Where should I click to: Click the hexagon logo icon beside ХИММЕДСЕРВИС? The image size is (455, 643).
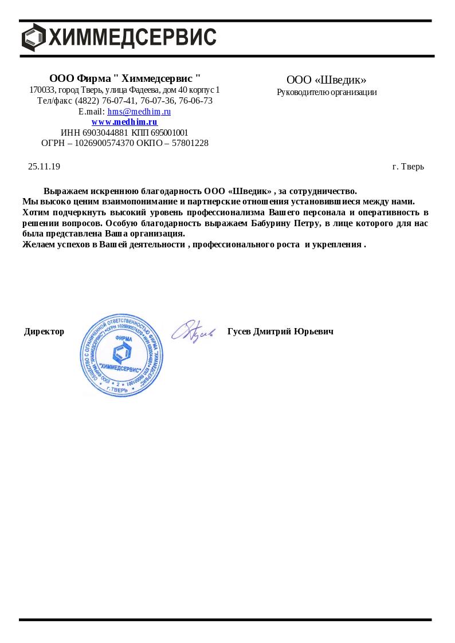click(33, 37)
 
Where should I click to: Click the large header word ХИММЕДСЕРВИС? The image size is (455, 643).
click(132, 37)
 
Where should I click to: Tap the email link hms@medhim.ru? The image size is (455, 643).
click(139, 112)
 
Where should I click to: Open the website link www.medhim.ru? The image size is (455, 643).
click(124, 122)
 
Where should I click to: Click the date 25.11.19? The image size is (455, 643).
click(44, 167)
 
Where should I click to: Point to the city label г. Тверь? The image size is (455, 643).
click(408, 167)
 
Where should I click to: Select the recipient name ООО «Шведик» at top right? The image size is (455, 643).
click(326, 80)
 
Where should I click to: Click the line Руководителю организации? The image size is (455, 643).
click(327, 92)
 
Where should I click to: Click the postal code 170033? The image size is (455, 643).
click(42, 90)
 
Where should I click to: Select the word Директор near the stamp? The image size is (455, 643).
click(44, 332)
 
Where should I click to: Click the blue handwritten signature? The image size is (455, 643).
click(193, 331)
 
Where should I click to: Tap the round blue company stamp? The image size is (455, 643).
click(122, 355)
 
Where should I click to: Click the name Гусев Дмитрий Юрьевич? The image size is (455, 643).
click(280, 332)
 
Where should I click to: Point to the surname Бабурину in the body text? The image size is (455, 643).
click(272, 223)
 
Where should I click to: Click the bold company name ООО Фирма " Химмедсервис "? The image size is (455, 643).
click(125, 78)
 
